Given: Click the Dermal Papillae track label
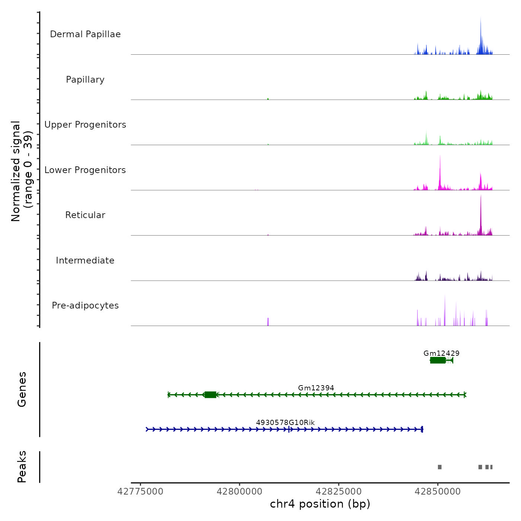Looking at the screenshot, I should coord(85,34).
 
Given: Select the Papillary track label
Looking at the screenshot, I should coord(85,80).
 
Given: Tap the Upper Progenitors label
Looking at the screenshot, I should coord(85,125).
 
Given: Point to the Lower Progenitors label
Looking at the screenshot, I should coord(85,170).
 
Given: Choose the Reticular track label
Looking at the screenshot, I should coord(85,215).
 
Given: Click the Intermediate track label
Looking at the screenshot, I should coord(85,260).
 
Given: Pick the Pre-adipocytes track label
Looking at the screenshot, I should coord(85,306).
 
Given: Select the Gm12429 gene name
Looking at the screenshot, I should coord(441,353).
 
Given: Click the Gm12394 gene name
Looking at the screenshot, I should coord(316,388).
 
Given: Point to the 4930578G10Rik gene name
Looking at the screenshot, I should coord(285,422).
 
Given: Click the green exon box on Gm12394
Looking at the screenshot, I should coord(211,395).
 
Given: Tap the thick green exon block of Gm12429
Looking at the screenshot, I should coord(438,360).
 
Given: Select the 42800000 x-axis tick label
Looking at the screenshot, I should coord(240,492).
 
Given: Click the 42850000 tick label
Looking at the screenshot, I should coord(438,492).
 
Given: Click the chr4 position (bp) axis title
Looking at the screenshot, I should coord(320,504).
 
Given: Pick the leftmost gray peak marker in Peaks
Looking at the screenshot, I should coord(440,467).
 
